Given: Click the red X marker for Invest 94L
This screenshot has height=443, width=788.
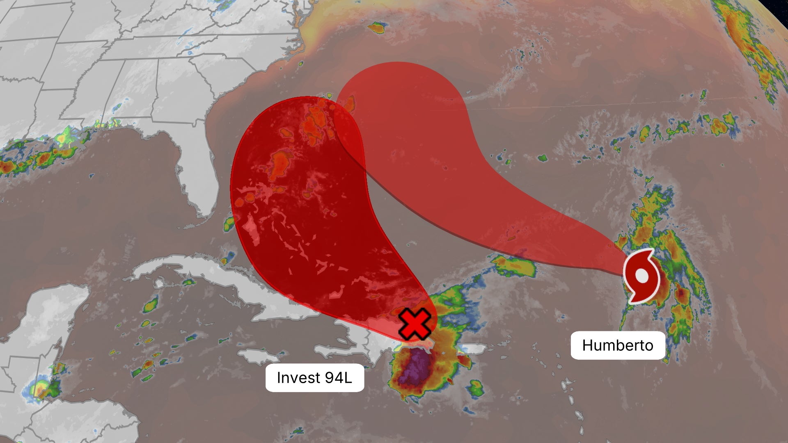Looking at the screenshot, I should [415, 324].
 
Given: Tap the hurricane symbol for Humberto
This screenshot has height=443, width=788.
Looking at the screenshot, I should [641, 276].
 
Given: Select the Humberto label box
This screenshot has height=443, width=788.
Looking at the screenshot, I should [618, 345].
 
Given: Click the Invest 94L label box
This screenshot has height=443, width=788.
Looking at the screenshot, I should [315, 378].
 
